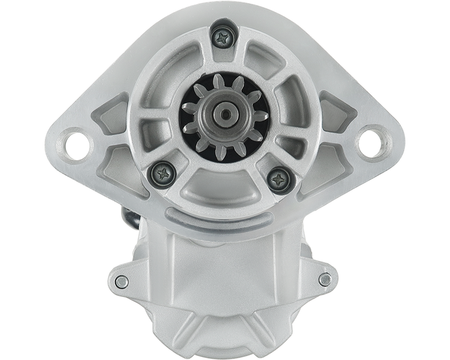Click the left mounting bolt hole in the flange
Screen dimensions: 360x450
[77, 143]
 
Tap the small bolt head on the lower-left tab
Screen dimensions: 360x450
[122, 280]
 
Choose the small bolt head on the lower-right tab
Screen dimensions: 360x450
[325, 279]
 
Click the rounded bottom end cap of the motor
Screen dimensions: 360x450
[223, 336]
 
